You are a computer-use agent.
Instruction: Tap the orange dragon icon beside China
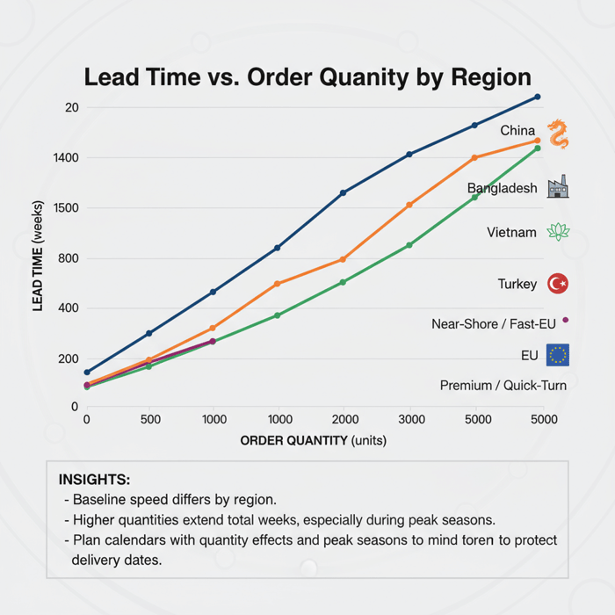(558, 134)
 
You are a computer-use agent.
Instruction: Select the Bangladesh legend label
(502, 188)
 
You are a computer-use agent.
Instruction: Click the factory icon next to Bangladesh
(558, 186)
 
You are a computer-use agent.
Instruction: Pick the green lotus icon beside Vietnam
(558, 232)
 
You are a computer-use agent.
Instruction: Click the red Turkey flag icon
(558, 284)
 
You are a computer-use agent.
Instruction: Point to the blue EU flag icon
(558, 355)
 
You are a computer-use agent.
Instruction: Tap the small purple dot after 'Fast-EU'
(565, 321)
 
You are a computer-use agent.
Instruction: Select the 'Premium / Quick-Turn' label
(503, 386)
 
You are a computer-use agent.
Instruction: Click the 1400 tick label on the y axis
(69, 158)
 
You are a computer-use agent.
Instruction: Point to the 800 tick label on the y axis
(70, 258)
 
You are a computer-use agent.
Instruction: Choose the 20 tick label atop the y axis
(72, 107)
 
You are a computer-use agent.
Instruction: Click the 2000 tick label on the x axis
(345, 420)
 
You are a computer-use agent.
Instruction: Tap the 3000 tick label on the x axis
(411, 420)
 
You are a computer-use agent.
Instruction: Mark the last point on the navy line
(538, 97)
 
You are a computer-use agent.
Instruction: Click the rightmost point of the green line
(538, 148)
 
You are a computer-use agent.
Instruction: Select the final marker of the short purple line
(213, 341)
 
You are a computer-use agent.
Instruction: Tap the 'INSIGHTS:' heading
(94, 480)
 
